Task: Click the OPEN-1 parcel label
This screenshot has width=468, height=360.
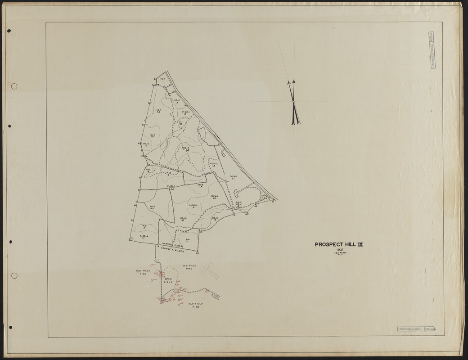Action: coord(233,177)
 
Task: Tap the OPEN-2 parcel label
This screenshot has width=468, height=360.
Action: coord(214,197)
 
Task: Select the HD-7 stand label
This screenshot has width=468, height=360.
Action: coord(152,207)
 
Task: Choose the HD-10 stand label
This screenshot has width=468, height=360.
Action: coord(183,219)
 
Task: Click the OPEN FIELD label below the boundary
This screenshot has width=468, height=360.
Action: coord(168,280)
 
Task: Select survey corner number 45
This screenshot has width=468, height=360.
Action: coord(197,253)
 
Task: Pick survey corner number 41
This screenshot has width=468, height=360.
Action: coord(273,202)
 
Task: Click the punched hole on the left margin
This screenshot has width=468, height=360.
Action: coord(14,86)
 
